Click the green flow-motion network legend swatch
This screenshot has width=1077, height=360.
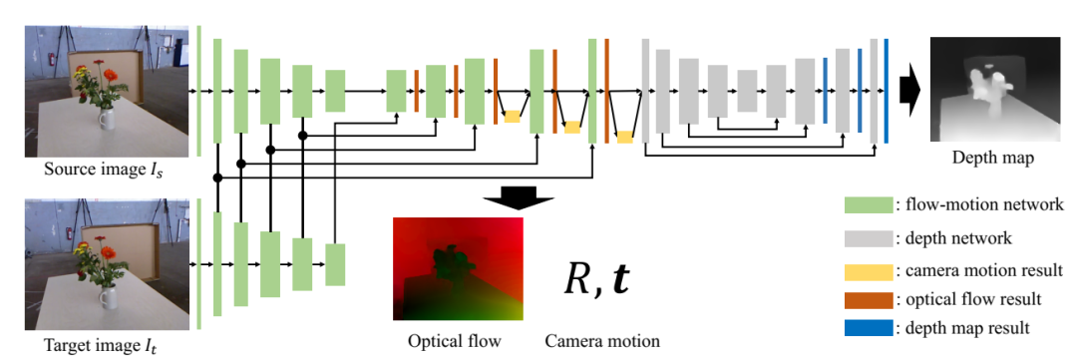tap(869, 204)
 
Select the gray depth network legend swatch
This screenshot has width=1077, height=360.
tap(869, 238)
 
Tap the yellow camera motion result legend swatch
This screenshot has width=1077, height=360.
tap(869, 270)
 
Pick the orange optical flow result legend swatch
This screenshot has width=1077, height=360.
tap(869, 300)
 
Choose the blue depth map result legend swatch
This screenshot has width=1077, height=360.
tap(869, 328)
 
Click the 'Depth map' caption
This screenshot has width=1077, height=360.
tap(992, 158)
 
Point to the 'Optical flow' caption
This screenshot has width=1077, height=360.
tap(454, 341)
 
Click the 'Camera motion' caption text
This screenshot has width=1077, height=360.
tap(603, 341)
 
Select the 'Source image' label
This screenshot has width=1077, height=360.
tap(104, 169)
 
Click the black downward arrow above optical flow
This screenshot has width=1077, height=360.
tap(518, 195)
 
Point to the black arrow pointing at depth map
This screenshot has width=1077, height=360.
tap(911, 91)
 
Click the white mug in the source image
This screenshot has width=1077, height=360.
tap(107, 118)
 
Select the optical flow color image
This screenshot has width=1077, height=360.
tap(458, 268)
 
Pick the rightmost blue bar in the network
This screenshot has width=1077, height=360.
tap(887, 91)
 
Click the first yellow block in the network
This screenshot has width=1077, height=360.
tap(512, 116)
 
